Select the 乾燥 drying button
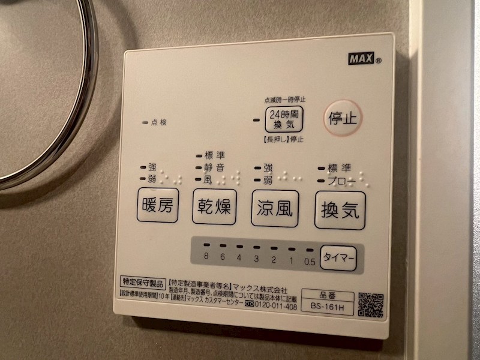pos(214,207)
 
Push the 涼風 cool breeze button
pos(275,209)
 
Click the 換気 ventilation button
pos(340,211)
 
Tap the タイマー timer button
pos(338,259)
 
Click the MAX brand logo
pos(361,59)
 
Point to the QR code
pos(371,305)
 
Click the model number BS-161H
pos(326,307)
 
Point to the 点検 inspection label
pos(159,122)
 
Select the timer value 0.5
pos(310,261)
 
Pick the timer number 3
pos(256,259)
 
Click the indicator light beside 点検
pos(145,122)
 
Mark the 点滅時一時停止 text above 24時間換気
pos(284,100)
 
